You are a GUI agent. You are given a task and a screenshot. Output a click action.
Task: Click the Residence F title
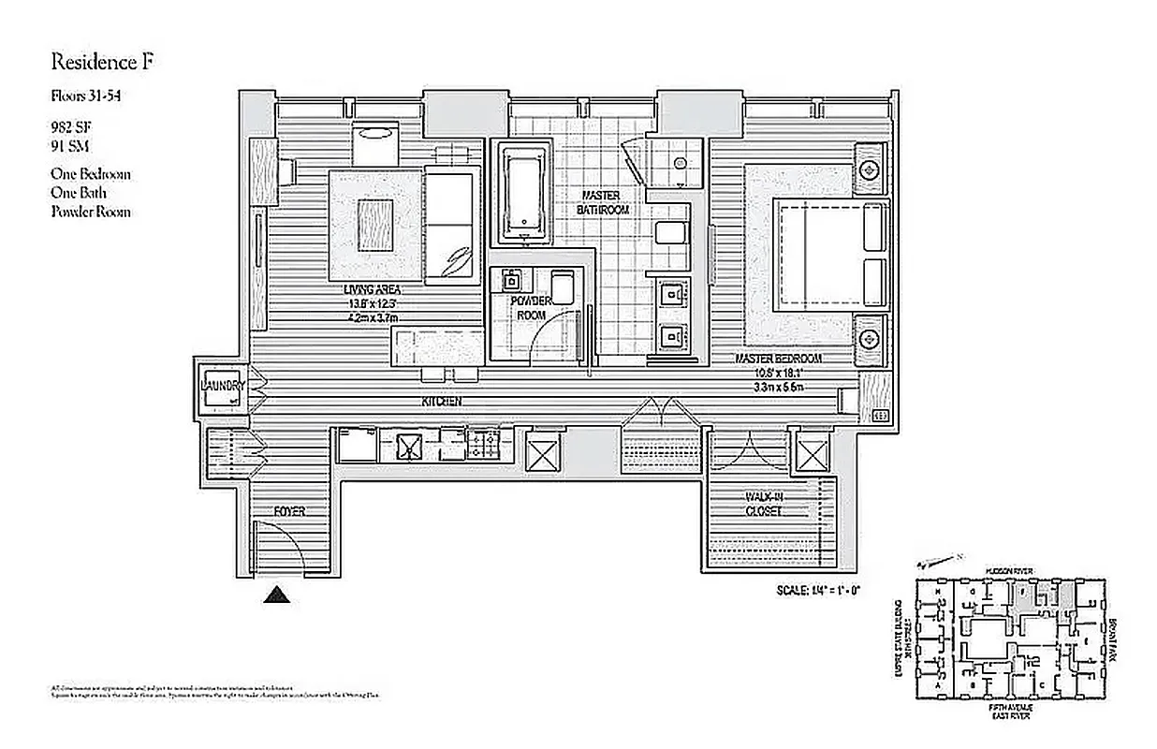tap(100, 63)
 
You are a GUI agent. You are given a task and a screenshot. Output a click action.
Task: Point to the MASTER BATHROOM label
tap(604, 203)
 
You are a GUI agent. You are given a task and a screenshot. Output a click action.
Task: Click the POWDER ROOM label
tap(531, 308)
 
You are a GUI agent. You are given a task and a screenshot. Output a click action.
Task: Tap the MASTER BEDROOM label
tap(777, 359)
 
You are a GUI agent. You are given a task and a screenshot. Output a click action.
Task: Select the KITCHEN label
tap(441, 402)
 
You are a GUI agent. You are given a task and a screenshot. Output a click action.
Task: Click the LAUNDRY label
tap(223, 386)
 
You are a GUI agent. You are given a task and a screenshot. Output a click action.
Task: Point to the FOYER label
tap(289, 511)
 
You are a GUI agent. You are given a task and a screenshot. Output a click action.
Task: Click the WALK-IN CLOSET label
tap(764, 505)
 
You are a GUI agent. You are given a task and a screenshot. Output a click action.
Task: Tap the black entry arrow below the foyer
tap(274, 594)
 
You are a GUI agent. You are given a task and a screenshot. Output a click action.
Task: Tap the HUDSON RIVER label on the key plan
tap(1007, 569)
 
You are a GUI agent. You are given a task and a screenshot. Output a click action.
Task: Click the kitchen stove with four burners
tap(484, 443)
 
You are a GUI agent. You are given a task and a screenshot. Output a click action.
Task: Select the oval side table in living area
tap(375, 134)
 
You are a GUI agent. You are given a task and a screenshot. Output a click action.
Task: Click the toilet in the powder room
tap(563, 286)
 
